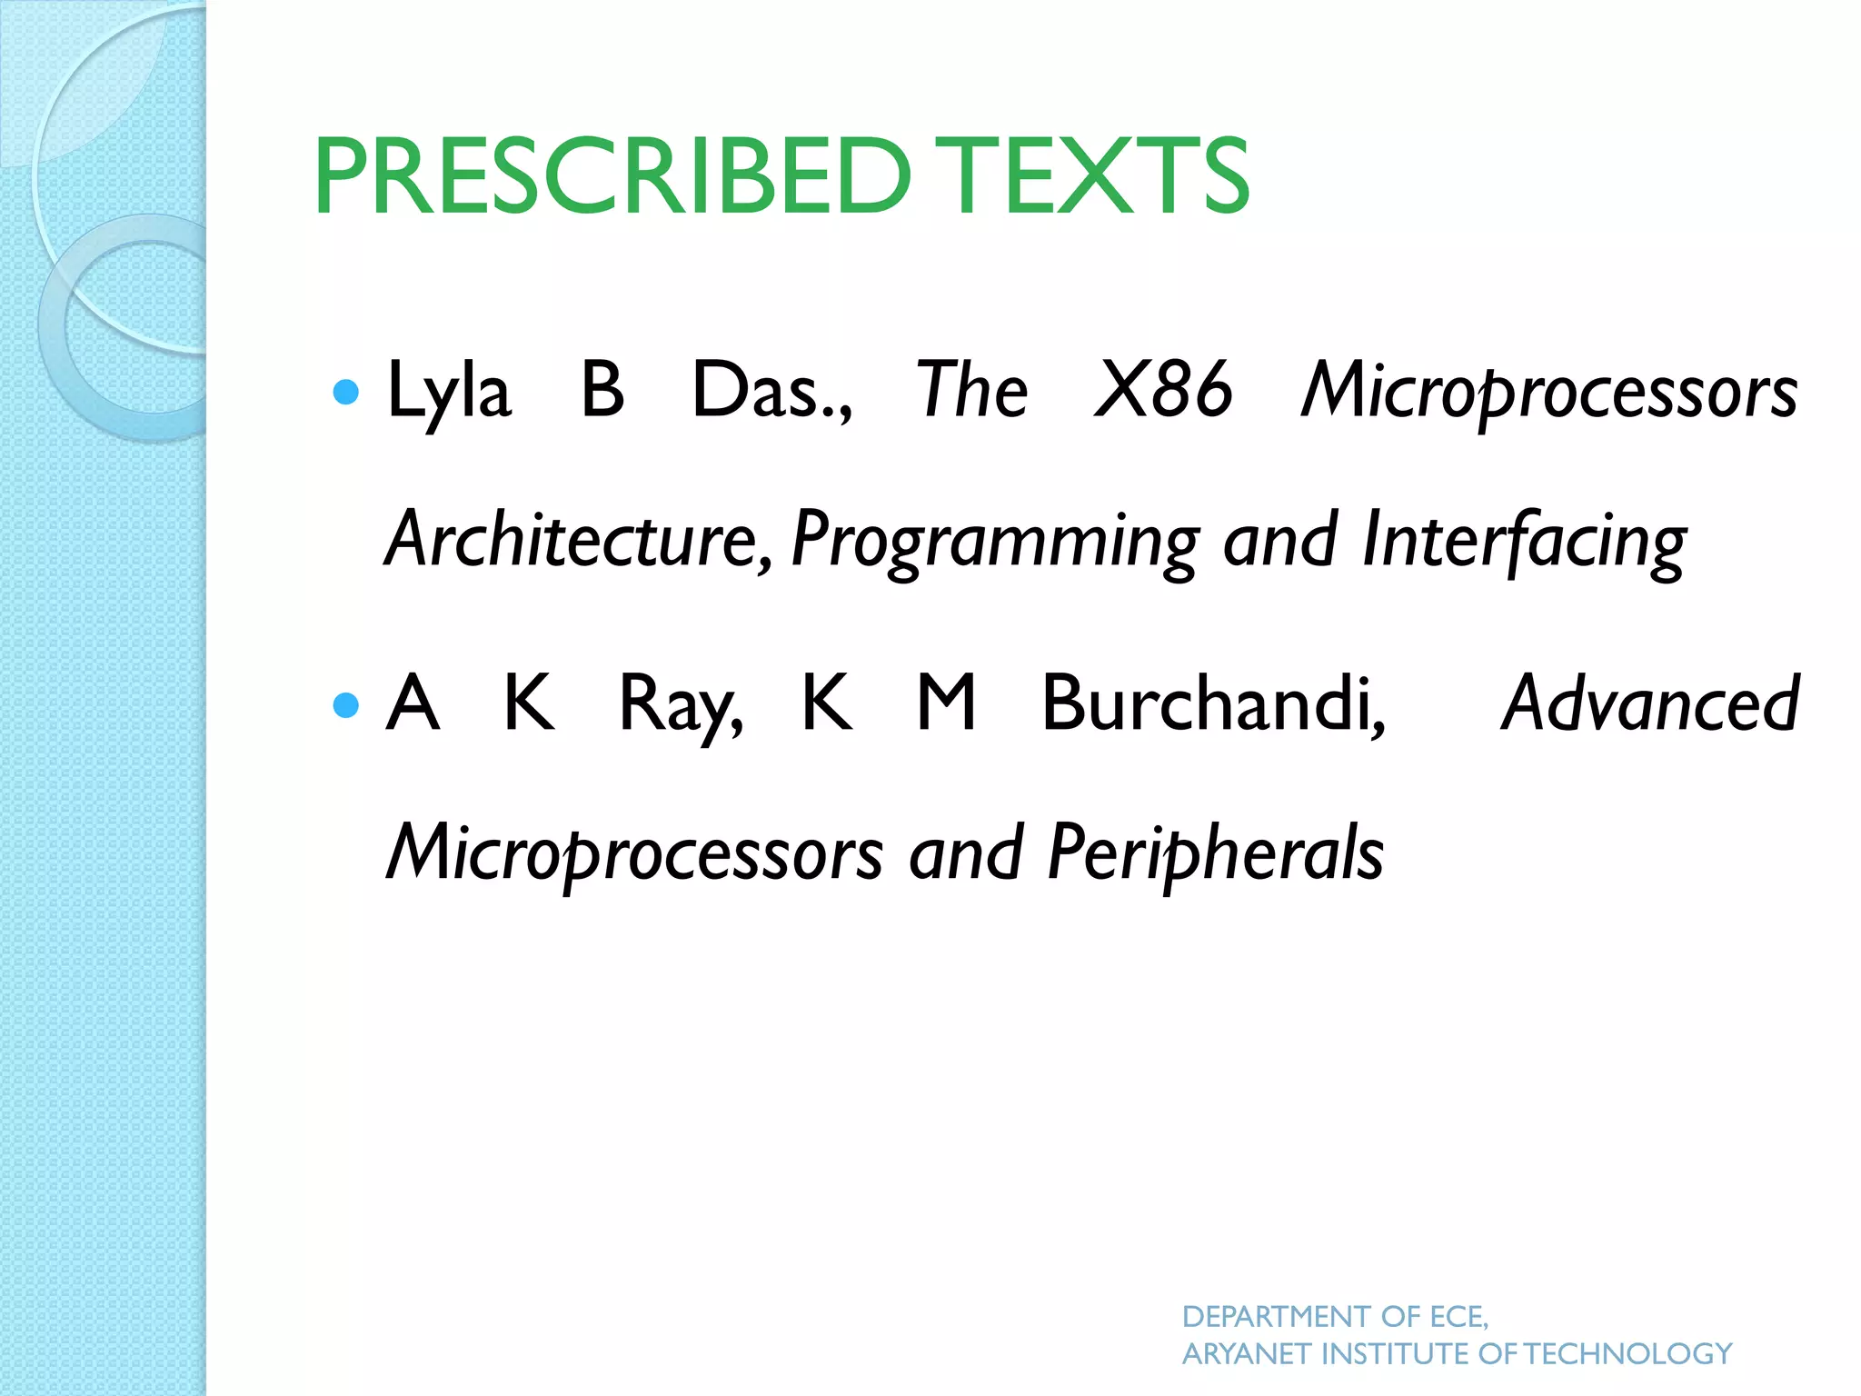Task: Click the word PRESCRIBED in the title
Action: click(x=612, y=175)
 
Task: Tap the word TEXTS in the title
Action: click(x=1089, y=175)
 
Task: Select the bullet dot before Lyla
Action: click(x=346, y=392)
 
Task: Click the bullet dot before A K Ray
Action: click(x=346, y=704)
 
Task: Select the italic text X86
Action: click(x=1163, y=391)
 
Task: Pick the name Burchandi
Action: click(x=1213, y=703)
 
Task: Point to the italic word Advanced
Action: click(x=1649, y=703)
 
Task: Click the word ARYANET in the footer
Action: click(x=1247, y=1354)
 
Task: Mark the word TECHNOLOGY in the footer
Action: click(x=1628, y=1354)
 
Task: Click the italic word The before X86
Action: click(x=971, y=391)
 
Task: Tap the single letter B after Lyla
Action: click(x=602, y=391)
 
